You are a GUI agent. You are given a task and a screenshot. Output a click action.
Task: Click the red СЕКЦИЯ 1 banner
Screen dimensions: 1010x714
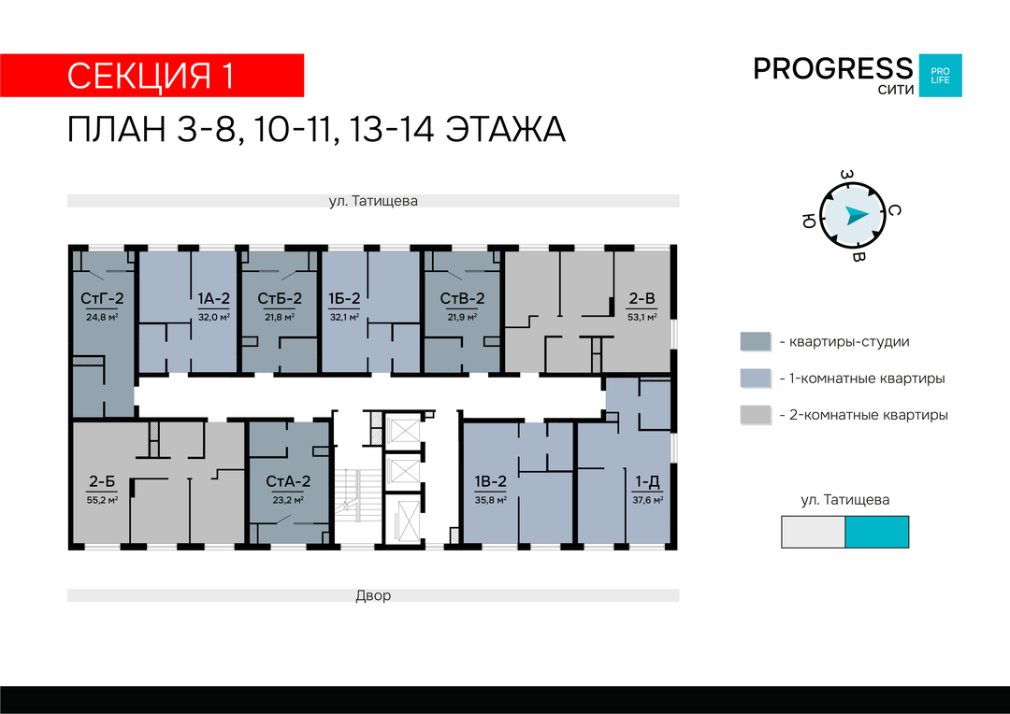tap(152, 76)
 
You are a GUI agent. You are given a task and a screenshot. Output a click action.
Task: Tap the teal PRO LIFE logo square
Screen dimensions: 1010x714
tap(940, 76)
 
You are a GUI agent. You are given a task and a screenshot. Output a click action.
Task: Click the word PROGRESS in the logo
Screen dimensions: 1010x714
tap(833, 68)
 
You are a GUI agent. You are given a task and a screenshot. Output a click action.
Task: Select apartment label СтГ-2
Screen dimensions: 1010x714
tap(102, 299)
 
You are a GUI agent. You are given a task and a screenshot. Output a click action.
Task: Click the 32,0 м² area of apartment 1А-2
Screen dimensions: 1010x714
tap(214, 317)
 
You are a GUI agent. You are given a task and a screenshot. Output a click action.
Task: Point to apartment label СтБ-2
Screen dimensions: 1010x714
tap(280, 299)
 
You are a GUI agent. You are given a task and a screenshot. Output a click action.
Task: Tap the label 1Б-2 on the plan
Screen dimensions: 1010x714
tap(344, 299)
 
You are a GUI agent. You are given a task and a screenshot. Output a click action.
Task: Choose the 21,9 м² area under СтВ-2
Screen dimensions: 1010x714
tap(463, 317)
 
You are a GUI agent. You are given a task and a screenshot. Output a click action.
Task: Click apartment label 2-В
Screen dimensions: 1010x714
tap(642, 299)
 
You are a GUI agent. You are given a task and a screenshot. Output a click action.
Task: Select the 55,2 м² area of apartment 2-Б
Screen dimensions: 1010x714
tap(102, 500)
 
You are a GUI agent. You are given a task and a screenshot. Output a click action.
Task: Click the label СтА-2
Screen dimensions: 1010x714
tap(288, 481)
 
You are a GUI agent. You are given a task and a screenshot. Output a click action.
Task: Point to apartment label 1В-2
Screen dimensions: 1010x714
tap(491, 481)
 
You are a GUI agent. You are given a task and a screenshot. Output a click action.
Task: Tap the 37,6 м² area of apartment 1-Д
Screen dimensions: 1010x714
tap(648, 500)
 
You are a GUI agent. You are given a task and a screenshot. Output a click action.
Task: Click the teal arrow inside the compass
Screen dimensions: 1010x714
tap(856, 215)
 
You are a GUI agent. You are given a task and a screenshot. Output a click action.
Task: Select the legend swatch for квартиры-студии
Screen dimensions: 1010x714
tap(755, 342)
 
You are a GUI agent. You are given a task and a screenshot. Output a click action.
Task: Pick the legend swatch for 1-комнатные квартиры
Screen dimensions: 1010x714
tap(755, 378)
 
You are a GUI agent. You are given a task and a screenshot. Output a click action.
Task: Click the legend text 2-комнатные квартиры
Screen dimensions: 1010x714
tap(868, 415)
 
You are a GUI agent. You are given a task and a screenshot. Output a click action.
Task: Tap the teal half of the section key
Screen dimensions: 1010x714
tap(876, 532)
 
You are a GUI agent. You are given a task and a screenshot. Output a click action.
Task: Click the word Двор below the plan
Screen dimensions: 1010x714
tap(373, 595)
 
